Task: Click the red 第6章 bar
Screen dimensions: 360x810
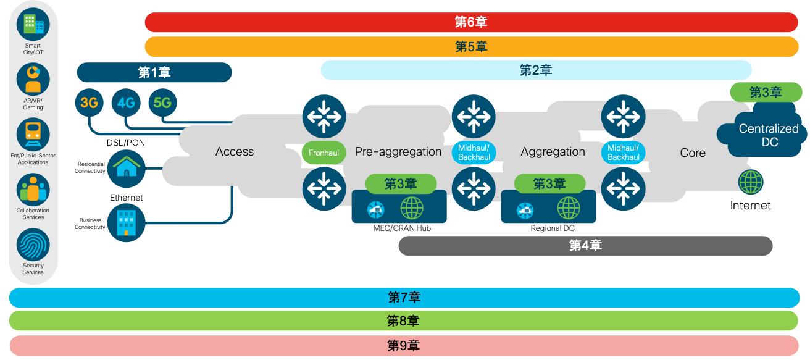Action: (x=472, y=22)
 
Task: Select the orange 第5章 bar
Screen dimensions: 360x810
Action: (x=472, y=46)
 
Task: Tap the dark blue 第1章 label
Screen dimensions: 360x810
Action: (x=154, y=72)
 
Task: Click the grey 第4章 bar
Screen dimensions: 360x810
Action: (x=585, y=246)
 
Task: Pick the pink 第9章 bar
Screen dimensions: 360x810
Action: (x=404, y=345)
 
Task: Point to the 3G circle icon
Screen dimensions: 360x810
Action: (x=90, y=103)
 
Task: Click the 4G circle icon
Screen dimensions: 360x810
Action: (x=126, y=103)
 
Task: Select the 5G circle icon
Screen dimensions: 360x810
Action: (x=162, y=103)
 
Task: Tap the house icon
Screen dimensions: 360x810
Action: (x=127, y=167)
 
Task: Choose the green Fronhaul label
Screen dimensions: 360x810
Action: (x=324, y=152)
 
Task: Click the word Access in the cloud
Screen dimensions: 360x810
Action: (x=235, y=152)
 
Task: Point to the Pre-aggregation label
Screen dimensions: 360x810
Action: (x=398, y=152)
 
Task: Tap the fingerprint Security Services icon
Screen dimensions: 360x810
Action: (x=33, y=245)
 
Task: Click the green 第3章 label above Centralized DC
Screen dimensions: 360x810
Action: (x=766, y=93)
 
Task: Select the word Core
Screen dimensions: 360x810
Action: (x=693, y=153)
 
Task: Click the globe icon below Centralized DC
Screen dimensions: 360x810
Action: (x=751, y=183)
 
